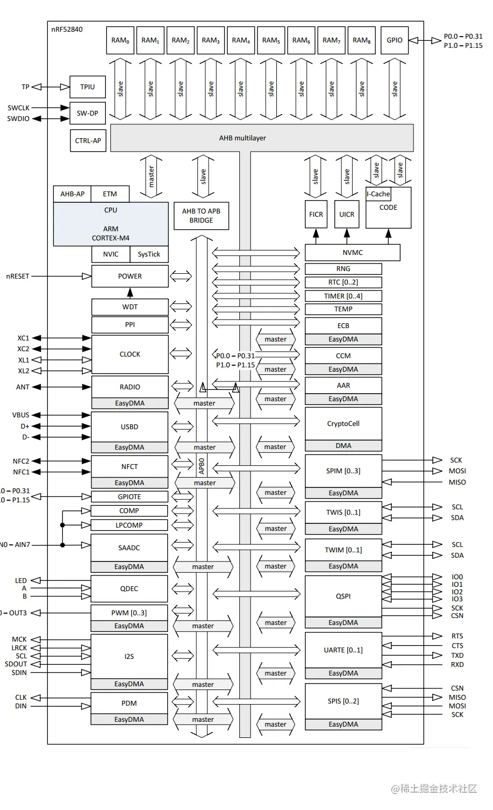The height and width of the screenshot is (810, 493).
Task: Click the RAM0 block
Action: click(x=120, y=40)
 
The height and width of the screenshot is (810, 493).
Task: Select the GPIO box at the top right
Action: click(x=394, y=40)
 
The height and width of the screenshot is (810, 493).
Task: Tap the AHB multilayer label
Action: click(x=242, y=138)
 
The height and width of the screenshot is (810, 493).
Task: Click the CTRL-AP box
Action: click(x=88, y=140)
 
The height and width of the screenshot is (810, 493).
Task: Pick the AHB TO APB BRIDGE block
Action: click(x=201, y=216)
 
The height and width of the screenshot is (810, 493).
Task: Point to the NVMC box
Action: click(x=352, y=252)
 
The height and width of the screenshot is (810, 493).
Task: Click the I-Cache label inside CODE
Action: click(x=378, y=194)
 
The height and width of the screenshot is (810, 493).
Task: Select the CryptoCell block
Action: click(x=343, y=424)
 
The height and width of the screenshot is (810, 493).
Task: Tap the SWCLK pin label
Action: click(x=18, y=108)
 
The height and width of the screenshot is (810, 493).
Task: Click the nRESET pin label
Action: click(x=18, y=276)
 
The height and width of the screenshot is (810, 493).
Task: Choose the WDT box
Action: click(x=130, y=307)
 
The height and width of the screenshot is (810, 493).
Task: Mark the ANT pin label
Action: click(x=23, y=387)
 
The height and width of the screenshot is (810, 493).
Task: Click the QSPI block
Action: click(x=343, y=596)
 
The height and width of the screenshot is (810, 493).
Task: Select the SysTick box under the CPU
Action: click(x=149, y=254)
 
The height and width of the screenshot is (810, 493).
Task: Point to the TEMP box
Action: click(x=343, y=309)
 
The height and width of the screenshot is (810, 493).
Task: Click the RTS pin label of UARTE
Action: click(x=457, y=636)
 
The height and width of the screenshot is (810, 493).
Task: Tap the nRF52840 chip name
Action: click(x=67, y=30)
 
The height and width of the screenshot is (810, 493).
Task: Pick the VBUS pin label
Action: click(x=21, y=415)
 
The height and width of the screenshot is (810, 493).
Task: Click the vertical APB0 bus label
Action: click(x=202, y=466)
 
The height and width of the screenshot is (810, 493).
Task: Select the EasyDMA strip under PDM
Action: click(x=129, y=720)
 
